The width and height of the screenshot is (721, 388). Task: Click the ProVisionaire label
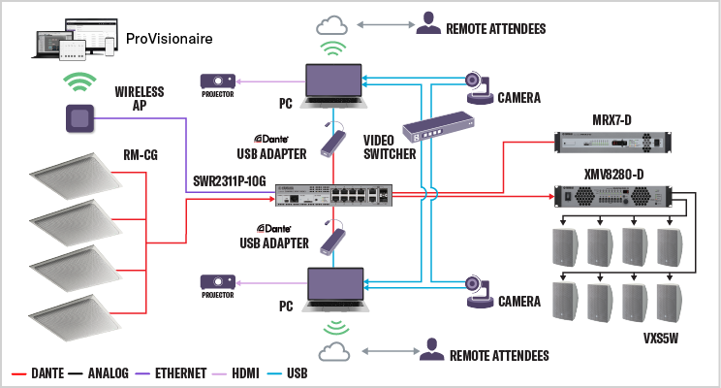pos(171,40)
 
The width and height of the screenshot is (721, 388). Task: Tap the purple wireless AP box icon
pos(79,119)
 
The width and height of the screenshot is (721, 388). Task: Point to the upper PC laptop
pos(334,82)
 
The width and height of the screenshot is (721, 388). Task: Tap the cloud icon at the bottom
pos(334,350)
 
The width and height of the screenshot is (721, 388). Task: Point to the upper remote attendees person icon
pos(426,23)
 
